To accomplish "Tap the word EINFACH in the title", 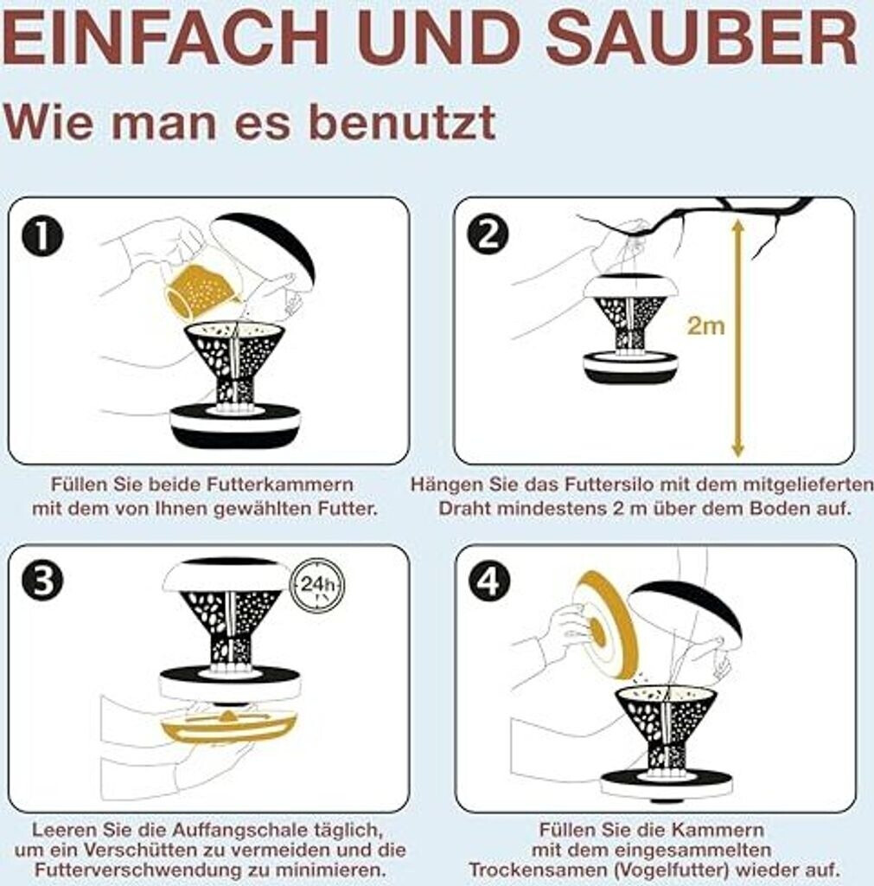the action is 165,37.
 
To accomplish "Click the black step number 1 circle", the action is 41,236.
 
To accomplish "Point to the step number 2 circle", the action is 488,234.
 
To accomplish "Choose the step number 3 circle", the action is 43,581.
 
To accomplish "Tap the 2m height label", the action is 705,326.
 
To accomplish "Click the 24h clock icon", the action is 316,585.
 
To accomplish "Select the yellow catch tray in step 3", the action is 229,727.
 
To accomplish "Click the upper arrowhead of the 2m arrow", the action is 738,226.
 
